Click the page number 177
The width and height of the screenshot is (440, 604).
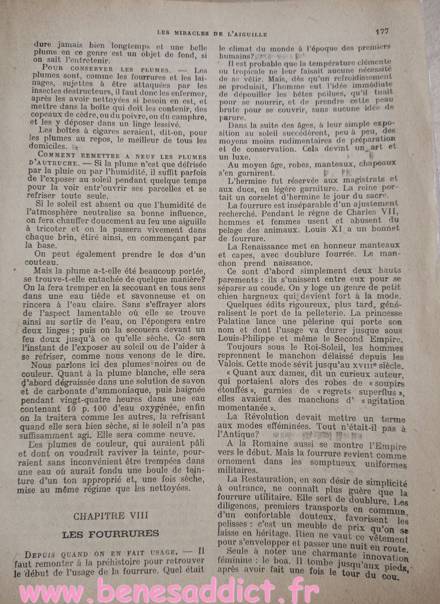380,32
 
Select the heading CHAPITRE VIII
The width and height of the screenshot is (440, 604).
111,516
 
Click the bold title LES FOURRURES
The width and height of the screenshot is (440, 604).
111,534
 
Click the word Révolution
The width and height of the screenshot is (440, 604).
263,416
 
